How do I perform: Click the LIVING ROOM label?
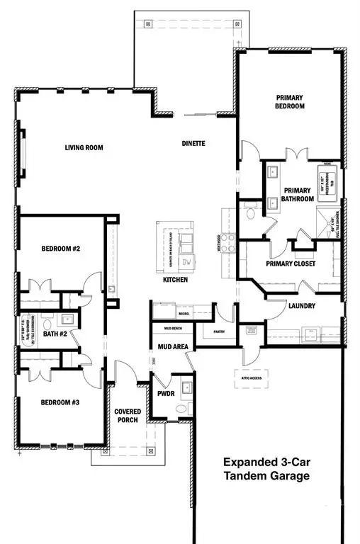coord(84,148)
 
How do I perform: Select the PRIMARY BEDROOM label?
coord(289,101)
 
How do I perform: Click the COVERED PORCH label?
coord(128,416)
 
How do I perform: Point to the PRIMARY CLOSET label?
coord(291,264)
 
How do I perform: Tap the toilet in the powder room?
coord(181,409)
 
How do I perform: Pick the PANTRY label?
coord(218,331)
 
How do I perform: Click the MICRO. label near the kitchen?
coord(183,312)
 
